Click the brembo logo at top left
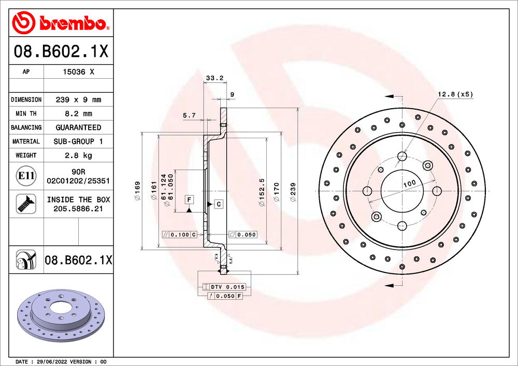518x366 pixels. point(61,22)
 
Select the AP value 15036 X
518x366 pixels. point(78,72)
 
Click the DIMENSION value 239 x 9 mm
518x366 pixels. point(78,99)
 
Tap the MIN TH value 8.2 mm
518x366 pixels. point(78,113)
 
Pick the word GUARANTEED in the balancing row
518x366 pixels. point(78,127)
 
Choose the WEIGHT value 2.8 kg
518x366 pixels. point(78,155)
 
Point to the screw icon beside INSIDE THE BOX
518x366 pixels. point(25,203)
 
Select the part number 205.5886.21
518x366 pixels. point(78,208)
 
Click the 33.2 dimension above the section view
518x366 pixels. point(214,78)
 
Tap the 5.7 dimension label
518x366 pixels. point(189,115)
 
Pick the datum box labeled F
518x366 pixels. point(190,199)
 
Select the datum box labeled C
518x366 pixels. point(219,204)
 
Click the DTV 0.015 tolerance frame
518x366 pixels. point(224,287)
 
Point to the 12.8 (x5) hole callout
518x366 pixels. point(455,94)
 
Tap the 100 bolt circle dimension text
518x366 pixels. point(410,184)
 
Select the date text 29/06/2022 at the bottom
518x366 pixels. point(51,361)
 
